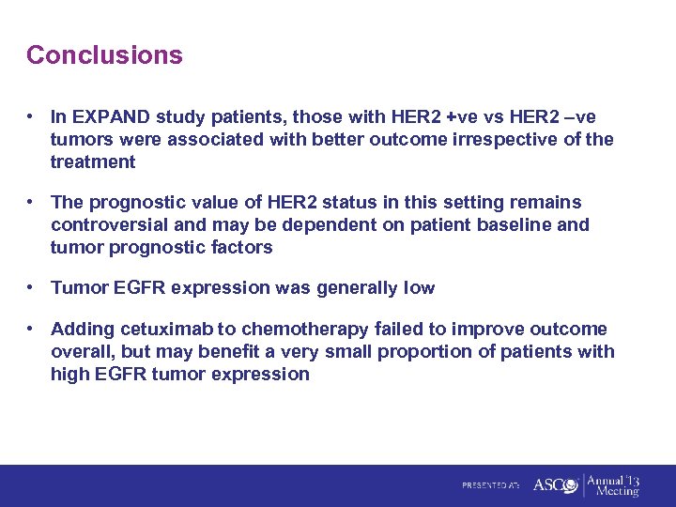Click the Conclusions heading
(104, 55)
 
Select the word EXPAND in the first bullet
(109, 117)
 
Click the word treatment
(93, 162)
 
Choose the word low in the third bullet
(418, 288)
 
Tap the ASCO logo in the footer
(554, 485)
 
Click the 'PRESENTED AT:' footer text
(491, 486)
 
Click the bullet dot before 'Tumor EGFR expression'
(32, 288)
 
